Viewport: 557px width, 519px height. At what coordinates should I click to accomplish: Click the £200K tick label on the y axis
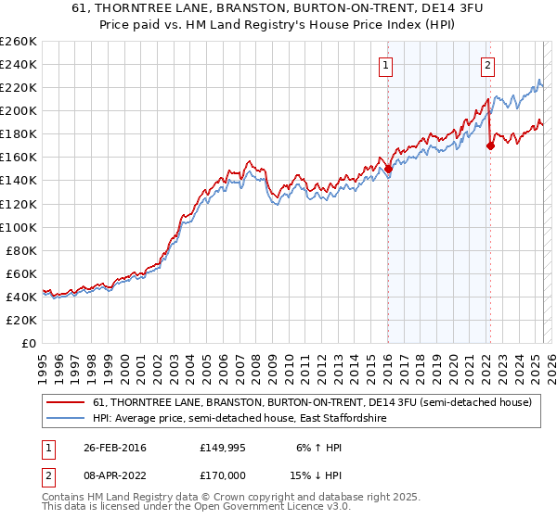[18, 110]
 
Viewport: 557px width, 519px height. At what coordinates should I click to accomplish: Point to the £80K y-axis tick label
[20, 250]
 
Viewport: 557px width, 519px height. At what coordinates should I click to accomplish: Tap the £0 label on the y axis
[29, 343]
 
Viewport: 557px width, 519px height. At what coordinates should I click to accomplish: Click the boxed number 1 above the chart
[385, 65]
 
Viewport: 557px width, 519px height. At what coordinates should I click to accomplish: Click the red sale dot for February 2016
[389, 169]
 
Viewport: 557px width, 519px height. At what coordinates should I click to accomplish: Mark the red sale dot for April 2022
[491, 145]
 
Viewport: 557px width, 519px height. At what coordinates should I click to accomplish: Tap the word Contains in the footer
[64, 499]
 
